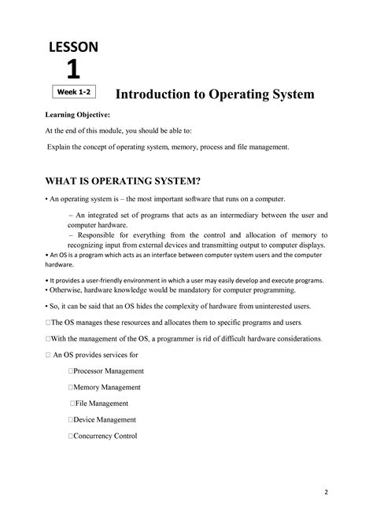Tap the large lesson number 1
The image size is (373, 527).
(x=72, y=70)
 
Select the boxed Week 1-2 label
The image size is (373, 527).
(x=72, y=93)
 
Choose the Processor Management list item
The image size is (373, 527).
(x=109, y=370)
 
